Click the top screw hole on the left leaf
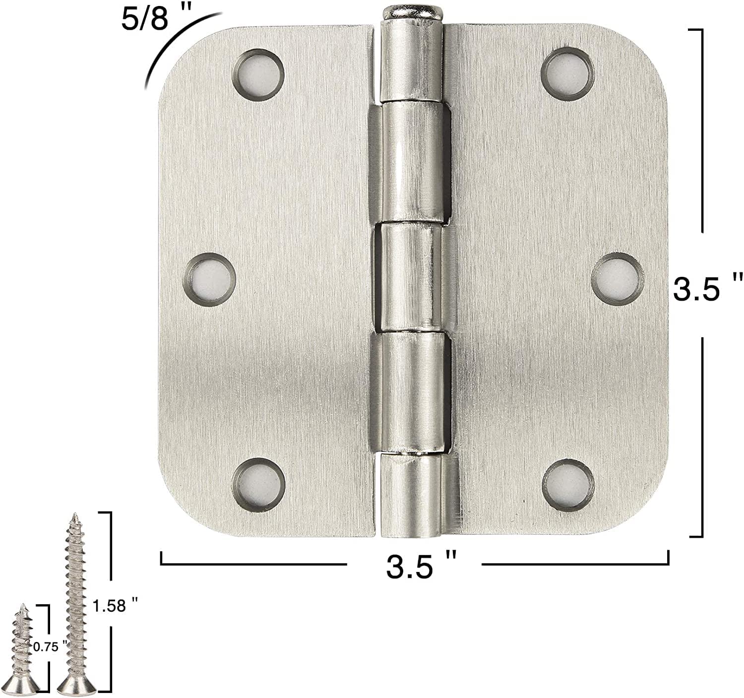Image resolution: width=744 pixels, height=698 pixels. [x=258, y=74]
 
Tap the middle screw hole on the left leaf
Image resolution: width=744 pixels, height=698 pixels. [x=209, y=279]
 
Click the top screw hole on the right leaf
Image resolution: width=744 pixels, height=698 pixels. [x=567, y=74]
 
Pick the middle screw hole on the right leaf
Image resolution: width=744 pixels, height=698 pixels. [x=618, y=278]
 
